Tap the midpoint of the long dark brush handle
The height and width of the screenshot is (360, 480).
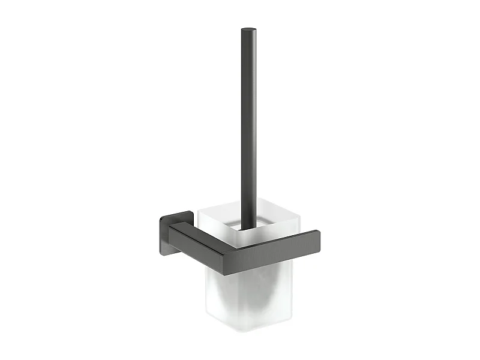pos(248,129)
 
